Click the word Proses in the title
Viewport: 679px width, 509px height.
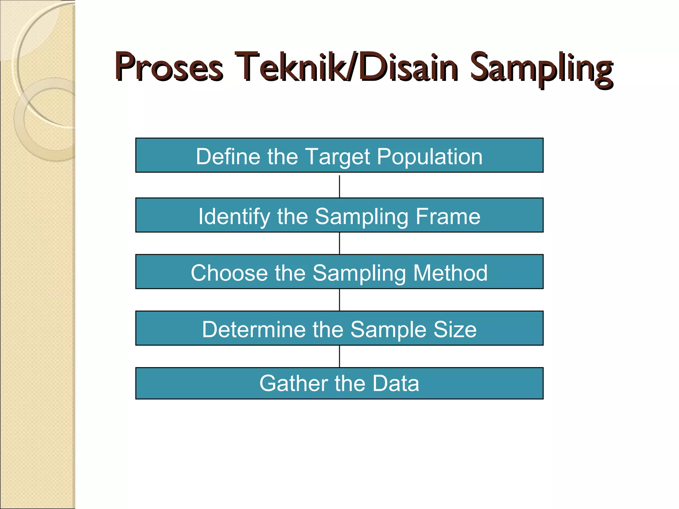pyautogui.click(x=169, y=68)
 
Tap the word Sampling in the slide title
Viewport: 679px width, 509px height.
pyautogui.click(x=541, y=70)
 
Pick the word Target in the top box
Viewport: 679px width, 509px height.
pyautogui.click(x=337, y=156)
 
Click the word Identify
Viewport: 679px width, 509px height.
pyautogui.click(x=234, y=217)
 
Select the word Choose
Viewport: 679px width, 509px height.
pyautogui.click(x=229, y=273)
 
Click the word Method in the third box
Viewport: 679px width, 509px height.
pyautogui.click(x=450, y=273)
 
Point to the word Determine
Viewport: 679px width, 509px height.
pyautogui.click(x=254, y=329)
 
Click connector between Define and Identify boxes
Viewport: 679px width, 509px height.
pyautogui.click(x=339, y=186)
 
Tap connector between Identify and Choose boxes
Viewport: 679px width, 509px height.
pyautogui.click(x=339, y=243)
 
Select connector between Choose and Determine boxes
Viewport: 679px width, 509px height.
pyautogui.click(x=339, y=300)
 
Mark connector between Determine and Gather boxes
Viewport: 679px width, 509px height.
pyautogui.click(x=339, y=356)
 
